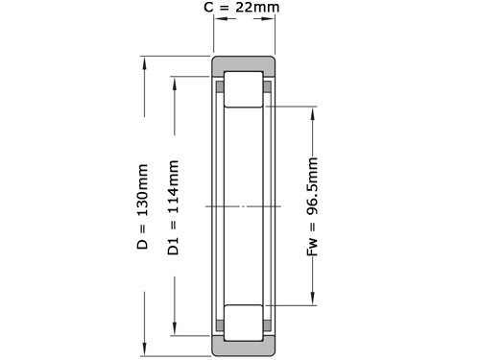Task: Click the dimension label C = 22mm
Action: (x=243, y=9)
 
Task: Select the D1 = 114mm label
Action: (x=174, y=207)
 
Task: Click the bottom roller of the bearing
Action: (x=244, y=322)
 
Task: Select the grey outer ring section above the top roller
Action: (x=244, y=66)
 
